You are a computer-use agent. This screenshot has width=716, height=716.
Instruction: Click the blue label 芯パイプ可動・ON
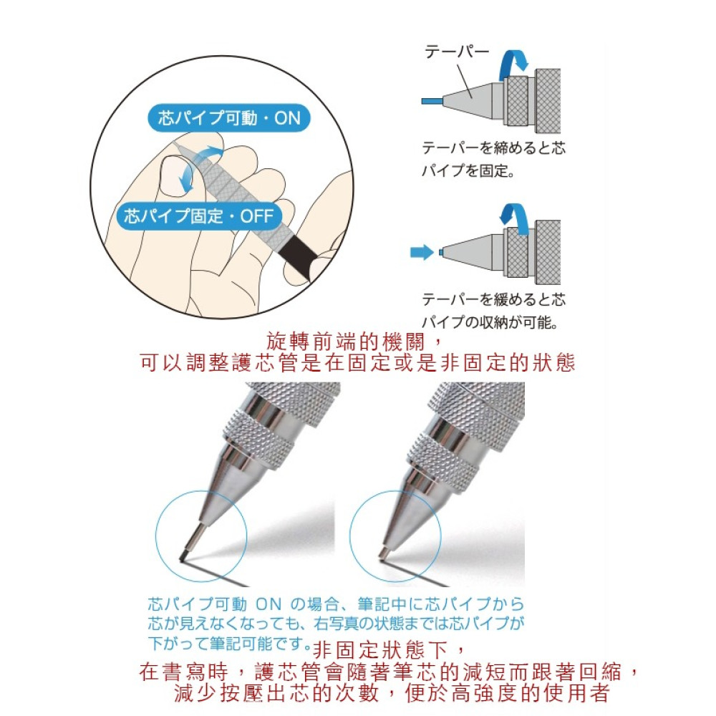(x=229, y=118)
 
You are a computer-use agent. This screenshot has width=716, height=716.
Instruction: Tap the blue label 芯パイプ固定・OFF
(x=199, y=216)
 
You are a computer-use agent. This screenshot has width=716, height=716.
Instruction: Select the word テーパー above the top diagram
(x=457, y=51)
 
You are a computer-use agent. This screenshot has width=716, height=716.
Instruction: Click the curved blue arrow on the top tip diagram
(x=513, y=64)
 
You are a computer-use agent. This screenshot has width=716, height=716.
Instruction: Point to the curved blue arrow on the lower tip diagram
(x=514, y=220)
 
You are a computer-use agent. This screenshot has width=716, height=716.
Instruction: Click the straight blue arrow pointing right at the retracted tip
(x=422, y=251)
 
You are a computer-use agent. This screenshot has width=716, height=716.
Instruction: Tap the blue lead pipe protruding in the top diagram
(x=432, y=100)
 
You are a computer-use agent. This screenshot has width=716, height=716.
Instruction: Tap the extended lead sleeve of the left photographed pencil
(x=195, y=540)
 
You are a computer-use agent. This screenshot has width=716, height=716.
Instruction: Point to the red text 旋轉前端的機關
(x=346, y=342)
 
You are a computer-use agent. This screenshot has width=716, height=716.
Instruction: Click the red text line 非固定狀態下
(x=381, y=649)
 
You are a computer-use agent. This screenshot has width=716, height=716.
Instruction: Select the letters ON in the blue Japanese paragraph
(x=268, y=604)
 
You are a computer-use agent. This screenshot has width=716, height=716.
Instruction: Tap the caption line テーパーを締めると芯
(x=493, y=147)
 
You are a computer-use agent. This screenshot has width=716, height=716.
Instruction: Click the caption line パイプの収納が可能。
(x=490, y=322)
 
